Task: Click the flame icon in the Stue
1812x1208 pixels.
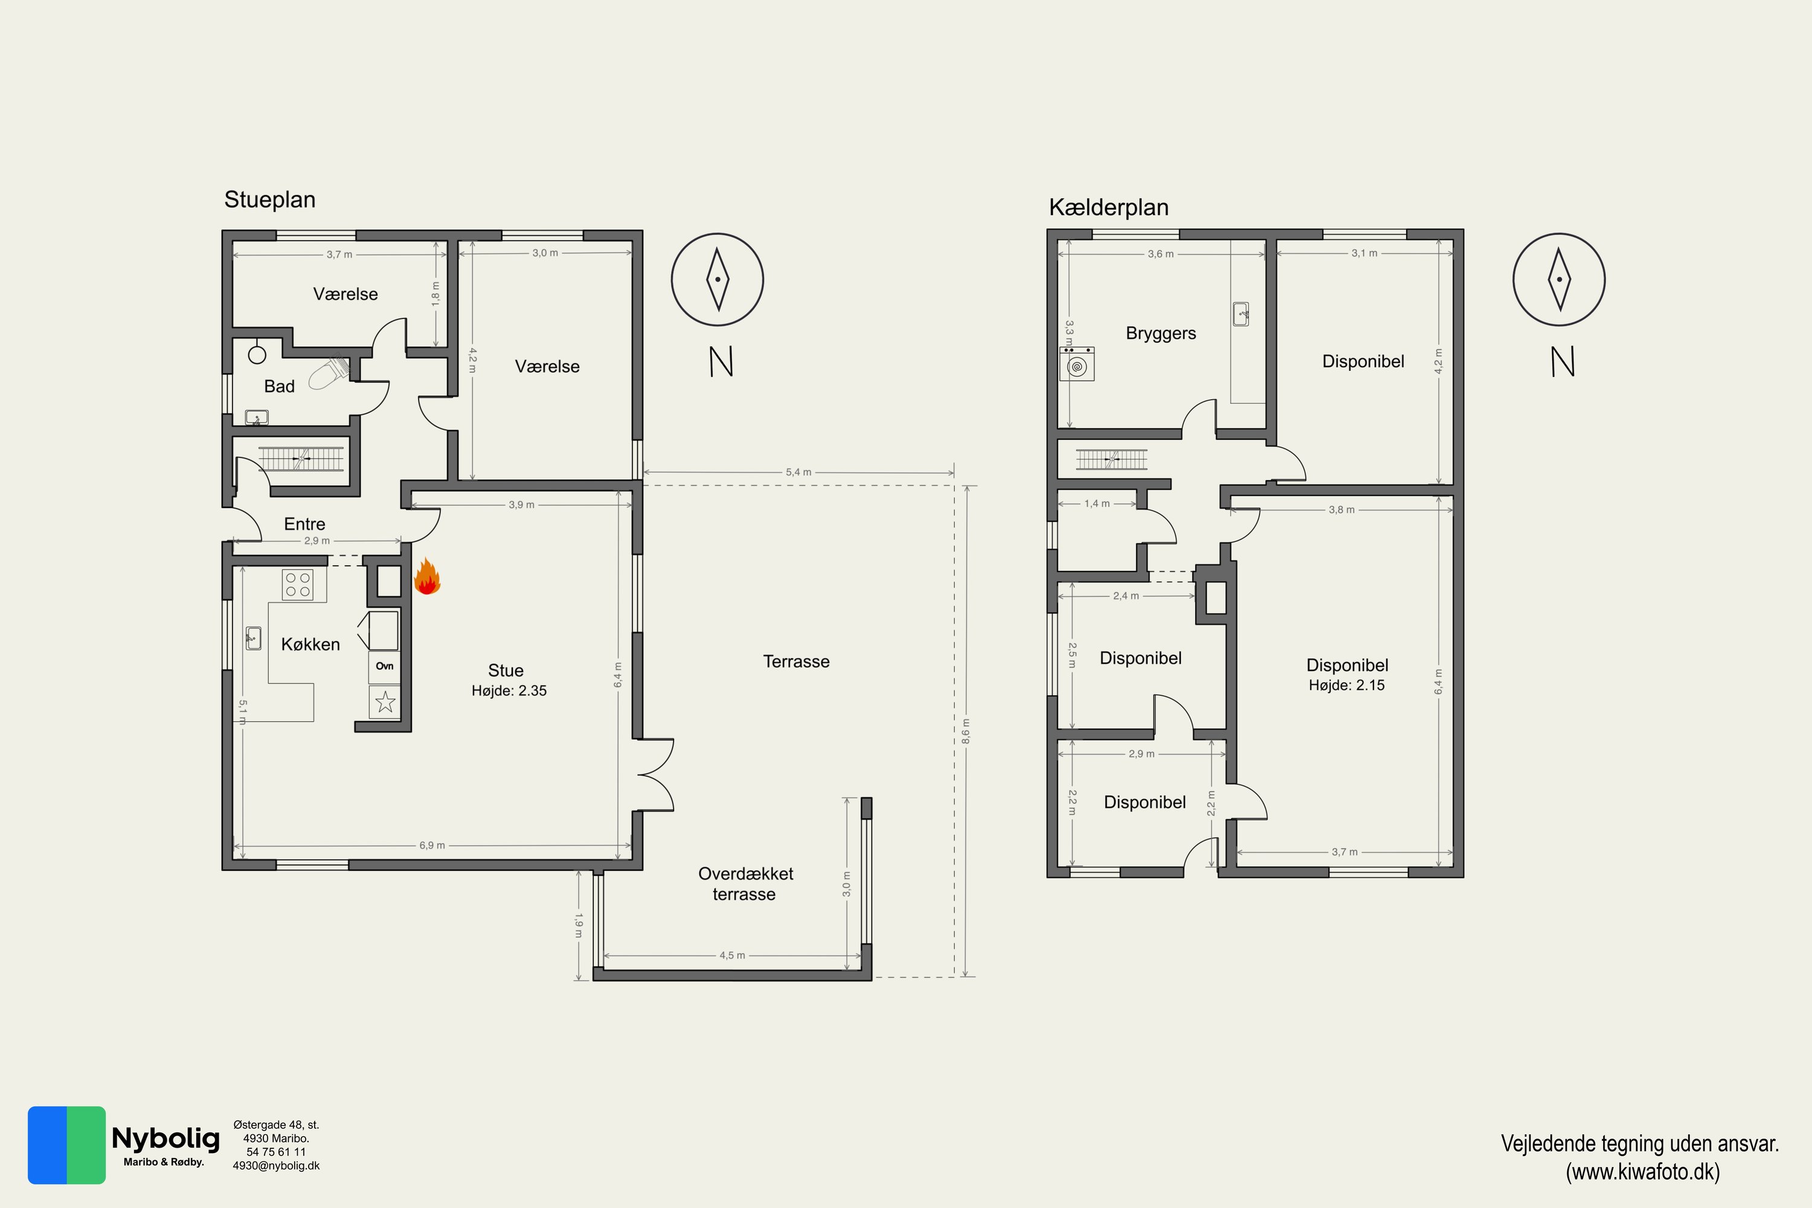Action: [427, 577]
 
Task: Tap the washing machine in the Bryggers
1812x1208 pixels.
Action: [1077, 364]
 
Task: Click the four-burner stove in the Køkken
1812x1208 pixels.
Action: [297, 585]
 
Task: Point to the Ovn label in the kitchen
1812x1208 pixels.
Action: [384, 666]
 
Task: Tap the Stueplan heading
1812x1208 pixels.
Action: [269, 199]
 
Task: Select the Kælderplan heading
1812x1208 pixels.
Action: [1108, 207]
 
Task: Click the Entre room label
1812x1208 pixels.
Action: [304, 524]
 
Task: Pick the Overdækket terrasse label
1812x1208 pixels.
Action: [745, 884]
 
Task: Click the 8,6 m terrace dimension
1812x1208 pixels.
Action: [966, 731]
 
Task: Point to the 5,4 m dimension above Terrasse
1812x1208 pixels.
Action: [798, 472]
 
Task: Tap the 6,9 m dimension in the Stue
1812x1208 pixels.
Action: [432, 845]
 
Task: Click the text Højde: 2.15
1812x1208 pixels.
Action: [1347, 685]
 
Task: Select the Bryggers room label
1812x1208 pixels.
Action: [1161, 333]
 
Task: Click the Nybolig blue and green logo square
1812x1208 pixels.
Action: [66, 1145]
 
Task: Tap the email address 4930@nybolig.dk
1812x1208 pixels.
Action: [276, 1166]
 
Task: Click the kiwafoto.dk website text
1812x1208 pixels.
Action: [1642, 1172]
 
